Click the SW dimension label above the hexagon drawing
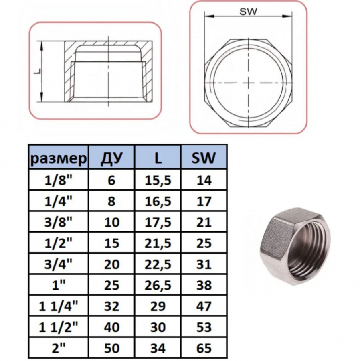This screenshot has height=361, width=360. [x=248, y=12]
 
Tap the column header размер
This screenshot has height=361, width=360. [x=59, y=158]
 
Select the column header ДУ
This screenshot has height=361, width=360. [x=111, y=158]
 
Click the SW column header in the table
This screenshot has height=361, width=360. [x=204, y=158]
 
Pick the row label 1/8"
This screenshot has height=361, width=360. [x=59, y=180]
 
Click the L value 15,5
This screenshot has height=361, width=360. [x=158, y=180]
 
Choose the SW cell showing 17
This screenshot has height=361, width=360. [x=204, y=201]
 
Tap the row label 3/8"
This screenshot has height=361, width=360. [x=59, y=222]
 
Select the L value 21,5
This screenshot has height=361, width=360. [x=158, y=243]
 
